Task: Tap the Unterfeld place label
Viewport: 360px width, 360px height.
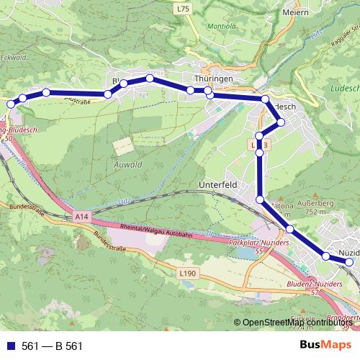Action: [x=217, y=185]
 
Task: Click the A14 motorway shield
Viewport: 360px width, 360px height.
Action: [x=80, y=215]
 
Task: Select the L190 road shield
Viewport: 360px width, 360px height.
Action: [x=187, y=273]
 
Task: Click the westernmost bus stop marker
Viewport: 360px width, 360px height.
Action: [x=10, y=104]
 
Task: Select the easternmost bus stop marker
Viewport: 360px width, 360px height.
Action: [x=349, y=263]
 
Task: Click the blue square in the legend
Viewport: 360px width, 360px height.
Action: [x=10, y=346]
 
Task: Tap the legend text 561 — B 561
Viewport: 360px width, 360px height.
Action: [x=52, y=346]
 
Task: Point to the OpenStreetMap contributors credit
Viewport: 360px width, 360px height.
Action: [x=296, y=323]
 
